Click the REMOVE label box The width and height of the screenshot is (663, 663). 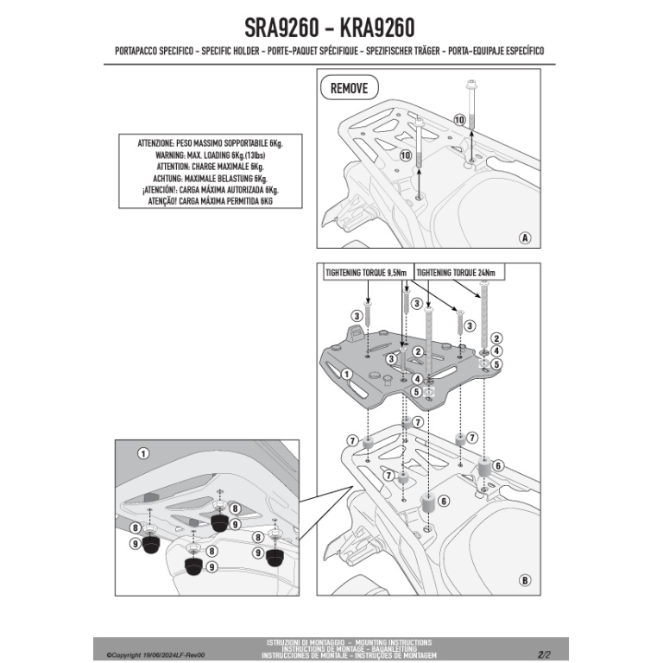tap(349, 88)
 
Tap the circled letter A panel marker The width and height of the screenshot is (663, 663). tap(524, 237)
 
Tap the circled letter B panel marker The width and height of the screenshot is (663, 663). tap(524, 578)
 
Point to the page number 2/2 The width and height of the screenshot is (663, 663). tap(544, 654)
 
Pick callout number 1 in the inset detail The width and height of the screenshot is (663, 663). tap(143, 452)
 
